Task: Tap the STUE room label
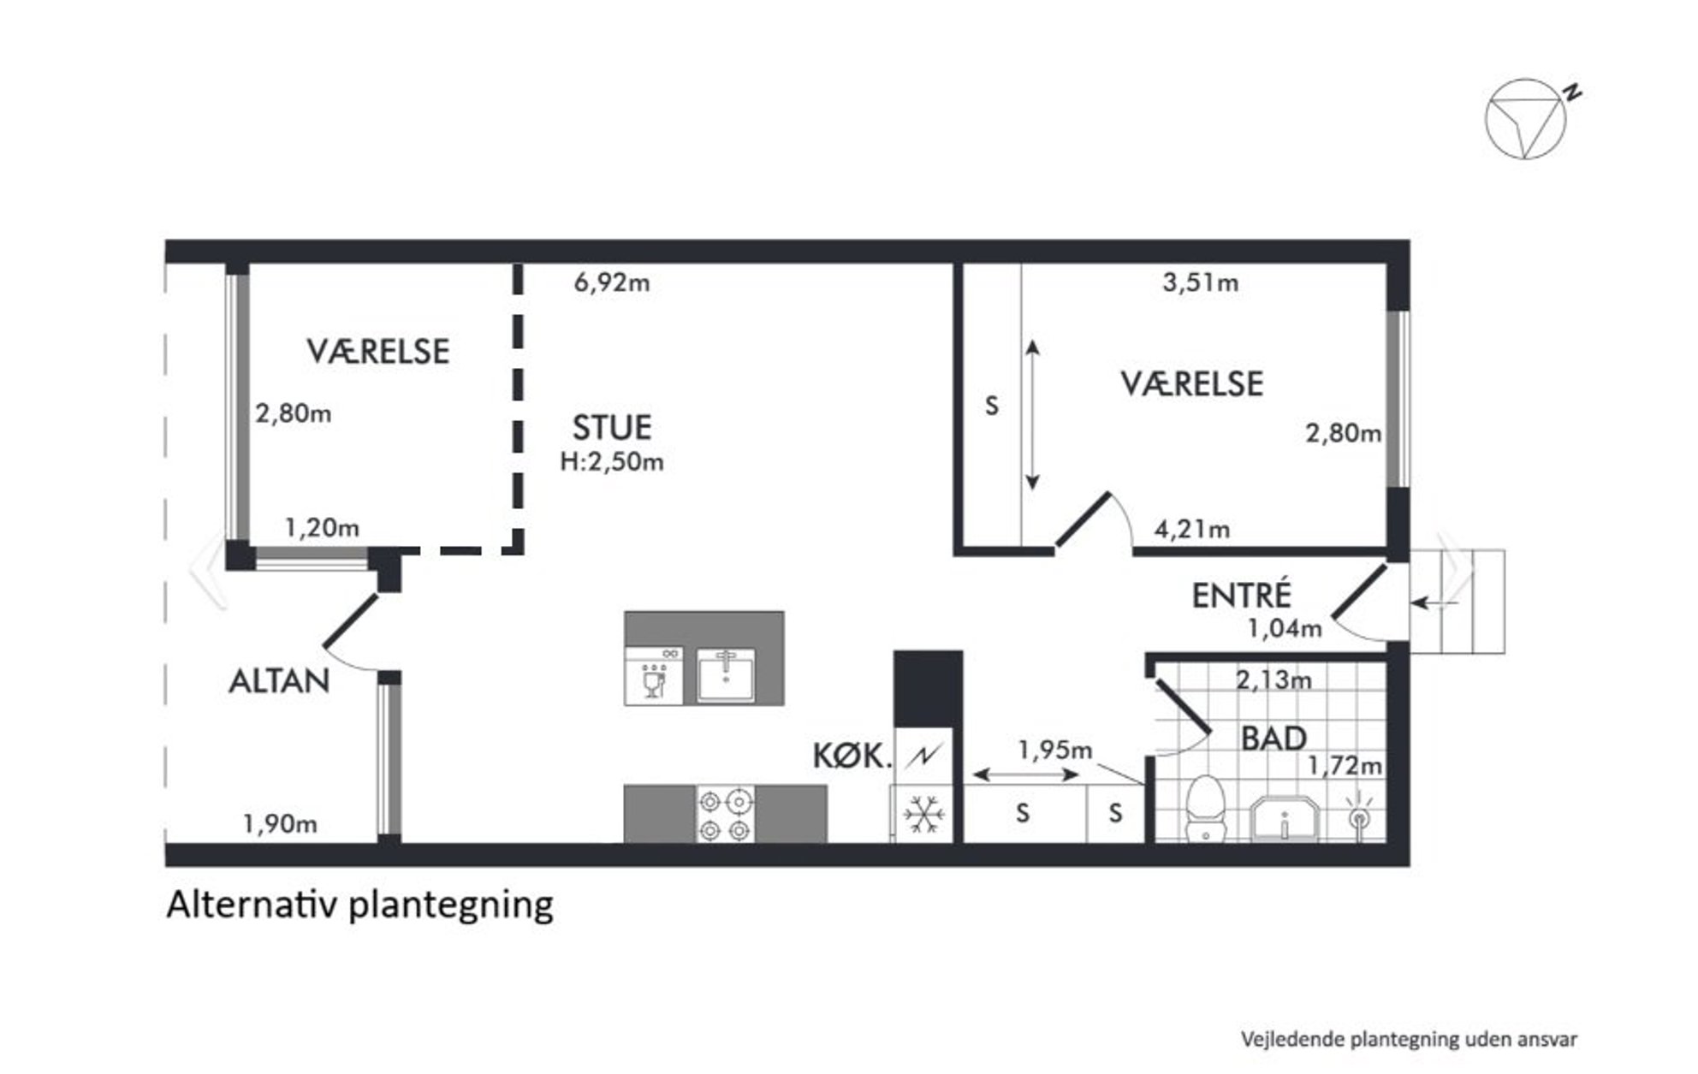tap(612, 428)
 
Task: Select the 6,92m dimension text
tap(612, 282)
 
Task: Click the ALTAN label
tap(279, 681)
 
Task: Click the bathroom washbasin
tap(1285, 819)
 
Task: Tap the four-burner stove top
tap(726, 815)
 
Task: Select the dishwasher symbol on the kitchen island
tap(654, 676)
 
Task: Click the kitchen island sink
tap(726, 675)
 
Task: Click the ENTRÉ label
tap(1241, 596)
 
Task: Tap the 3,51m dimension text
tap(1200, 282)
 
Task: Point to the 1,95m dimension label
tap(1054, 750)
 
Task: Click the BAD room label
tap(1273, 739)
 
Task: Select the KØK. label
tap(852, 756)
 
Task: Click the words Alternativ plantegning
tap(360, 905)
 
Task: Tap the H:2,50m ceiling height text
tap(612, 462)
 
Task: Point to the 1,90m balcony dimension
tap(280, 824)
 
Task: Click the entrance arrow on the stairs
tap(1434, 603)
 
